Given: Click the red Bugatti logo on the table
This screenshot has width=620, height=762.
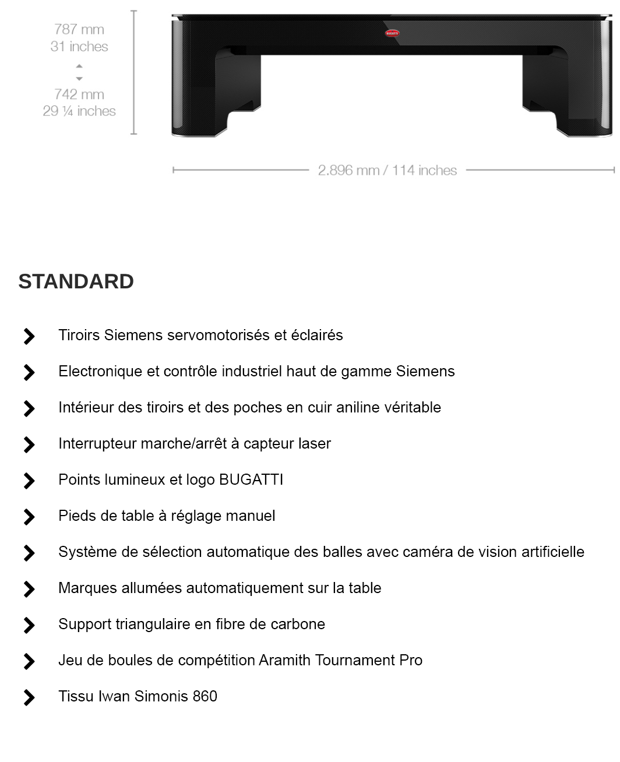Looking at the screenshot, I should point(392,33).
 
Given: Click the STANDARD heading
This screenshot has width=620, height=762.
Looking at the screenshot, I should point(76,281).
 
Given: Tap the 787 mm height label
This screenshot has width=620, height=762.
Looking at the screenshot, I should point(79,29).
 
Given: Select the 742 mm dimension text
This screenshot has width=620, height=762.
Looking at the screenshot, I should point(79,94).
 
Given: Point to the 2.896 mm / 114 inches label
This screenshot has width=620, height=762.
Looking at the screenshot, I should point(388,170).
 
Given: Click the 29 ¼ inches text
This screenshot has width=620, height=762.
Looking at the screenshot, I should point(79,111).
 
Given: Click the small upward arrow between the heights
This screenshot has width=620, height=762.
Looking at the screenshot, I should point(79,66).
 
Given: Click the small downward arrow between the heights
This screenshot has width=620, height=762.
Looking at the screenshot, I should point(79,79).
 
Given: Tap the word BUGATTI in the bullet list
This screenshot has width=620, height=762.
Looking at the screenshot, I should point(251,479).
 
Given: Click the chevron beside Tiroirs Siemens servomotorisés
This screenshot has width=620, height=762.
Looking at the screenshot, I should point(29,336).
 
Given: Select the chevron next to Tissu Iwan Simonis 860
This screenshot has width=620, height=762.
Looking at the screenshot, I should point(29,697).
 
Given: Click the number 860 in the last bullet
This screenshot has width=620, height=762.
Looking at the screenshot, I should point(205,696).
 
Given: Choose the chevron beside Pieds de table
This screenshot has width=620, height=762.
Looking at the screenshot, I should point(29,517).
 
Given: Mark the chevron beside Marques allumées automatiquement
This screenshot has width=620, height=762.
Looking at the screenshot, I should point(29,589).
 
